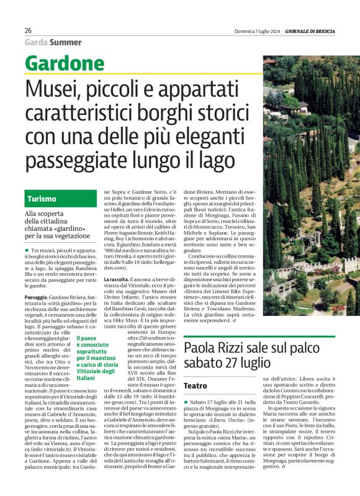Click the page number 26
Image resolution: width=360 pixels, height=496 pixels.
(x=29, y=31)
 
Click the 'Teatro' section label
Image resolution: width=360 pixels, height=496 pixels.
(x=196, y=386)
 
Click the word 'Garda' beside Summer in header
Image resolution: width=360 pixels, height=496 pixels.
(x=35, y=42)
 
